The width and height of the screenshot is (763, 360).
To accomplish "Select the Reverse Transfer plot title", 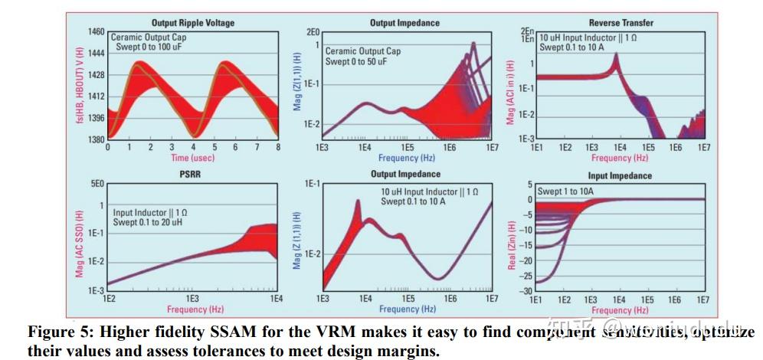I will click(621, 24).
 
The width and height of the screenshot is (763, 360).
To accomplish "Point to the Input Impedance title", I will click(621, 175).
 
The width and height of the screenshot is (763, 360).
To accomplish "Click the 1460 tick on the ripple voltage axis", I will click(96, 33).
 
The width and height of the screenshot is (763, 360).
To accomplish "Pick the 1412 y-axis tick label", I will click(96, 97).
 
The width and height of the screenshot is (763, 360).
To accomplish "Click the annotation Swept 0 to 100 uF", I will click(151, 47).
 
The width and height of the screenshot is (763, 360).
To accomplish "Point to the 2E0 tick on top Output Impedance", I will click(313, 33).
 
